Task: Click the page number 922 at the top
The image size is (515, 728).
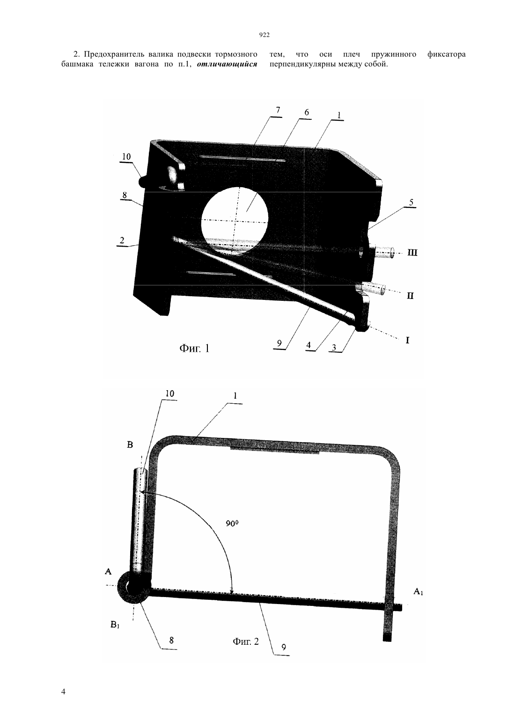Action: pyautogui.click(x=265, y=35)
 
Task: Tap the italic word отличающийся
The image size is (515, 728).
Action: pyautogui.click(x=227, y=64)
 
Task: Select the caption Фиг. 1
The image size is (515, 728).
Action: pyautogui.click(x=194, y=349)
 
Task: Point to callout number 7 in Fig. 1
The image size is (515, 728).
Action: pyautogui.click(x=278, y=110)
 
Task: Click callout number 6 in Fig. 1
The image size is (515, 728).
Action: pyautogui.click(x=306, y=112)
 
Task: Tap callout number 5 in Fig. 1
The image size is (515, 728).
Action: pyautogui.click(x=411, y=203)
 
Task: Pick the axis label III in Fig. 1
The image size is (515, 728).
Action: pyautogui.click(x=412, y=253)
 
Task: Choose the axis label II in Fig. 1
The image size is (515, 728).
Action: pyautogui.click(x=410, y=296)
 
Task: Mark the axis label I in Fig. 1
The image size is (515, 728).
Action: pyautogui.click(x=407, y=340)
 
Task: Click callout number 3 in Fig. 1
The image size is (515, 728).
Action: pyautogui.click(x=334, y=348)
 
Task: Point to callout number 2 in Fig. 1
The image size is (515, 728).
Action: pyautogui.click(x=122, y=240)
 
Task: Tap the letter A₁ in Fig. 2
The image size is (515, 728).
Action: pyautogui.click(x=418, y=591)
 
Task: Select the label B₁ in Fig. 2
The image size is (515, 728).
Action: pyautogui.click(x=115, y=624)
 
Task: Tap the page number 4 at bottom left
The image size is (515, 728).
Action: pyautogui.click(x=63, y=692)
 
